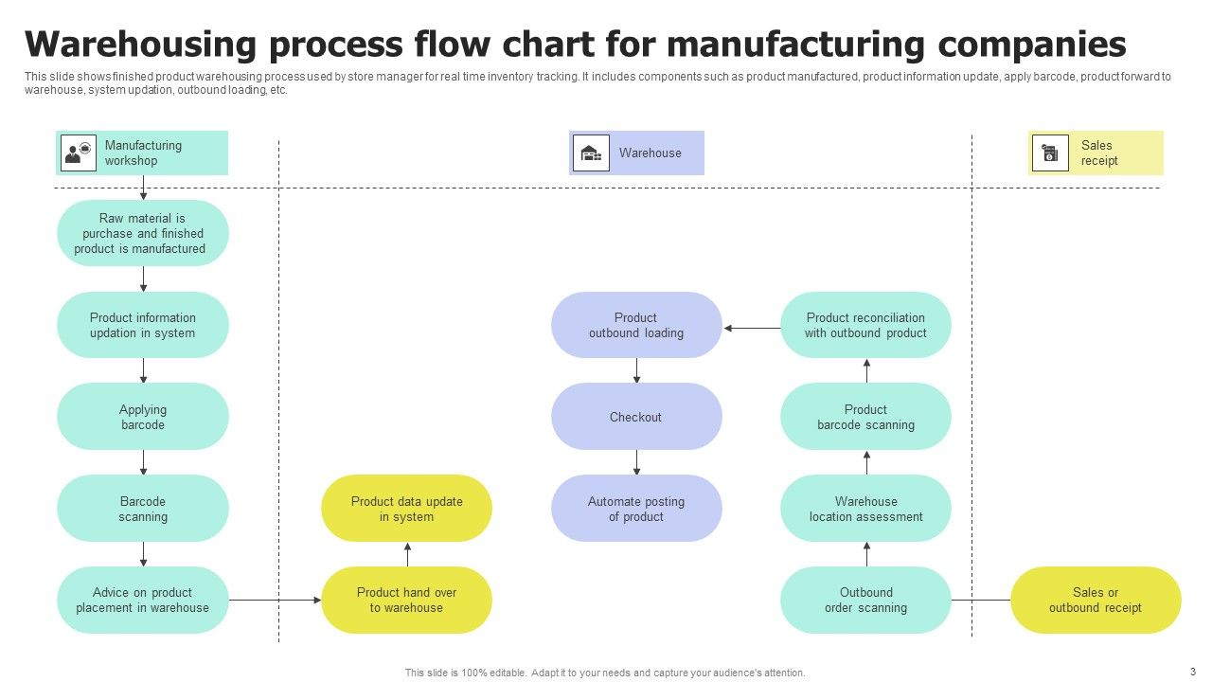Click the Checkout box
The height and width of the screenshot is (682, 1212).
[x=636, y=417]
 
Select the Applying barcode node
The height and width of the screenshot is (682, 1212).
[x=143, y=417]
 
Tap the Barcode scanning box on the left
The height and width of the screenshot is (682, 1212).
[x=143, y=509]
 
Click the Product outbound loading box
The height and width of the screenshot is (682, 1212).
[x=636, y=325]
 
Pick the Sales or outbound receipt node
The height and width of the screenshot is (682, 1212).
[x=1096, y=600]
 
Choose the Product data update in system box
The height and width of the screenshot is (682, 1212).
[x=407, y=509]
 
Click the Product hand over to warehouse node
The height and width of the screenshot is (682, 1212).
[x=407, y=600]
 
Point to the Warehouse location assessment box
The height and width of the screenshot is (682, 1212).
[x=865, y=509]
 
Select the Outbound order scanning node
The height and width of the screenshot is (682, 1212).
[x=865, y=600]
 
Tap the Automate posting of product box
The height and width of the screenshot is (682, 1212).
[x=636, y=509]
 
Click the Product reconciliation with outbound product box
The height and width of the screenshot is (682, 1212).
[x=865, y=325]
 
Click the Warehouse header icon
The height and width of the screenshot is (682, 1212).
[x=592, y=153]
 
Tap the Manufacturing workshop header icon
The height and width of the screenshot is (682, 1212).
[x=79, y=153]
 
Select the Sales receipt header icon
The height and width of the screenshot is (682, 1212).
[x=1049, y=153]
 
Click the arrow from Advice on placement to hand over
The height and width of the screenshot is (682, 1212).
[x=275, y=600]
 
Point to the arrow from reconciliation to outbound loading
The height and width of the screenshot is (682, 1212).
[x=752, y=329]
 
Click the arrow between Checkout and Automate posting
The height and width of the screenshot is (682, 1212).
[x=636, y=462]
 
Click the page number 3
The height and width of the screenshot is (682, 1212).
[x=1193, y=670]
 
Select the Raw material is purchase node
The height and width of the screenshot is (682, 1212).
[x=143, y=233]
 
